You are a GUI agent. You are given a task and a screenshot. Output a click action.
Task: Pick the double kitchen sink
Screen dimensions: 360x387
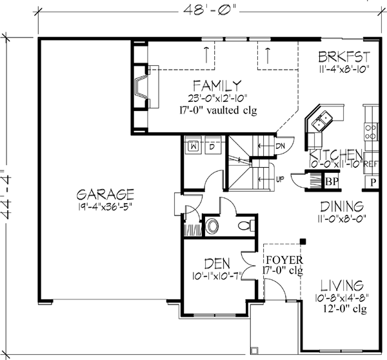(322, 118)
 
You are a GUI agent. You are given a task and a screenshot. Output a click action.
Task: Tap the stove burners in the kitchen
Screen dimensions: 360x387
(372, 132)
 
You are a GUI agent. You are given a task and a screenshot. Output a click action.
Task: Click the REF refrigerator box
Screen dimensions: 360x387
(372, 164)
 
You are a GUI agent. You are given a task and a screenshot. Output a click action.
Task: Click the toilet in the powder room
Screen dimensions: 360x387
(244, 226)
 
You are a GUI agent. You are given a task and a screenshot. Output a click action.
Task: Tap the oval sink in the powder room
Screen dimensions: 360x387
(212, 226)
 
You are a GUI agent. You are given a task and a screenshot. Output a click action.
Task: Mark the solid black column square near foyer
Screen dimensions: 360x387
(304, 243)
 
